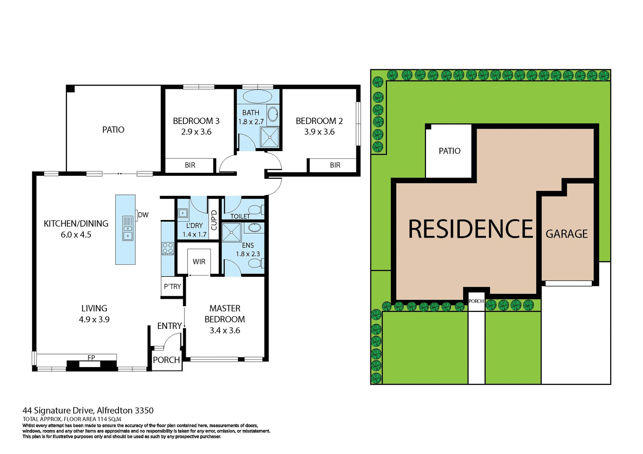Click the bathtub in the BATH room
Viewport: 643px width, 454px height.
click(257, 96)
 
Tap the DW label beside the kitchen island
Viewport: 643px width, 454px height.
click(143, 215)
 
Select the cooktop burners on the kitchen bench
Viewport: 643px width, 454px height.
click(168, 248)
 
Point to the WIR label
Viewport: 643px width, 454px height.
click(199, 262)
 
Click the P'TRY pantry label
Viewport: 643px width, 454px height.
click(172, 287)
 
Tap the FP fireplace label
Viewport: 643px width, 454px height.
click(91, 358)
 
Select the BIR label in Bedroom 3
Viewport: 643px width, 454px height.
click(190, 165)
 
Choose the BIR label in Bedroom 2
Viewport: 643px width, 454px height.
click(335, 165)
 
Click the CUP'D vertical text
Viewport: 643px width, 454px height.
click(214, 220)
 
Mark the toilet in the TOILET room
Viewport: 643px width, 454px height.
click(257, 210)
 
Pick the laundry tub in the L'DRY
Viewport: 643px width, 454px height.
click(183, 213)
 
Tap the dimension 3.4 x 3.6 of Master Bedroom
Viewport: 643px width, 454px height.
click(225, 331)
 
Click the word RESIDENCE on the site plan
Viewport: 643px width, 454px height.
click(470, 229)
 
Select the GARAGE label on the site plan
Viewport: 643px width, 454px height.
click(567, 234)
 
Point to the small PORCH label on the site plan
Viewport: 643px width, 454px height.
click(476, 301)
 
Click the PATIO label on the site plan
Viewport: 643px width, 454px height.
click(449, 151)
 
